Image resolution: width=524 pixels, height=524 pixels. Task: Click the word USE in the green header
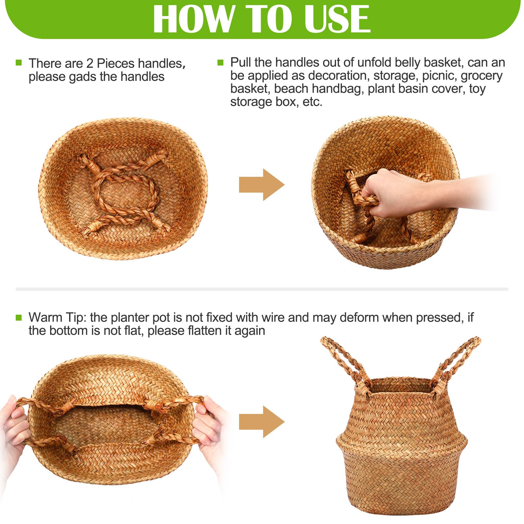[337, 19]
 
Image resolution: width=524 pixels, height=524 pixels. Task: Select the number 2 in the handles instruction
[90, 64]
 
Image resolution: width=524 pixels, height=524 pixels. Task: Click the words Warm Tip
[58, 318]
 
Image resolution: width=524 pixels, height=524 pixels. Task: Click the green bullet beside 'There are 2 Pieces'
[19, 63]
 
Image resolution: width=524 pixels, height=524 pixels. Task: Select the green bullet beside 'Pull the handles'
[220, 62]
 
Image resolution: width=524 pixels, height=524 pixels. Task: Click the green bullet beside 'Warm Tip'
[19, 317]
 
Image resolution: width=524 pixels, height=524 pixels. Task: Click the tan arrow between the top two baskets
[262, 185]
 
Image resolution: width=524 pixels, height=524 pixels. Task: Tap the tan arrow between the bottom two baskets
[262, 422]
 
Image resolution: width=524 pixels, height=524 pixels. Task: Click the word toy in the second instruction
[477, 89]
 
